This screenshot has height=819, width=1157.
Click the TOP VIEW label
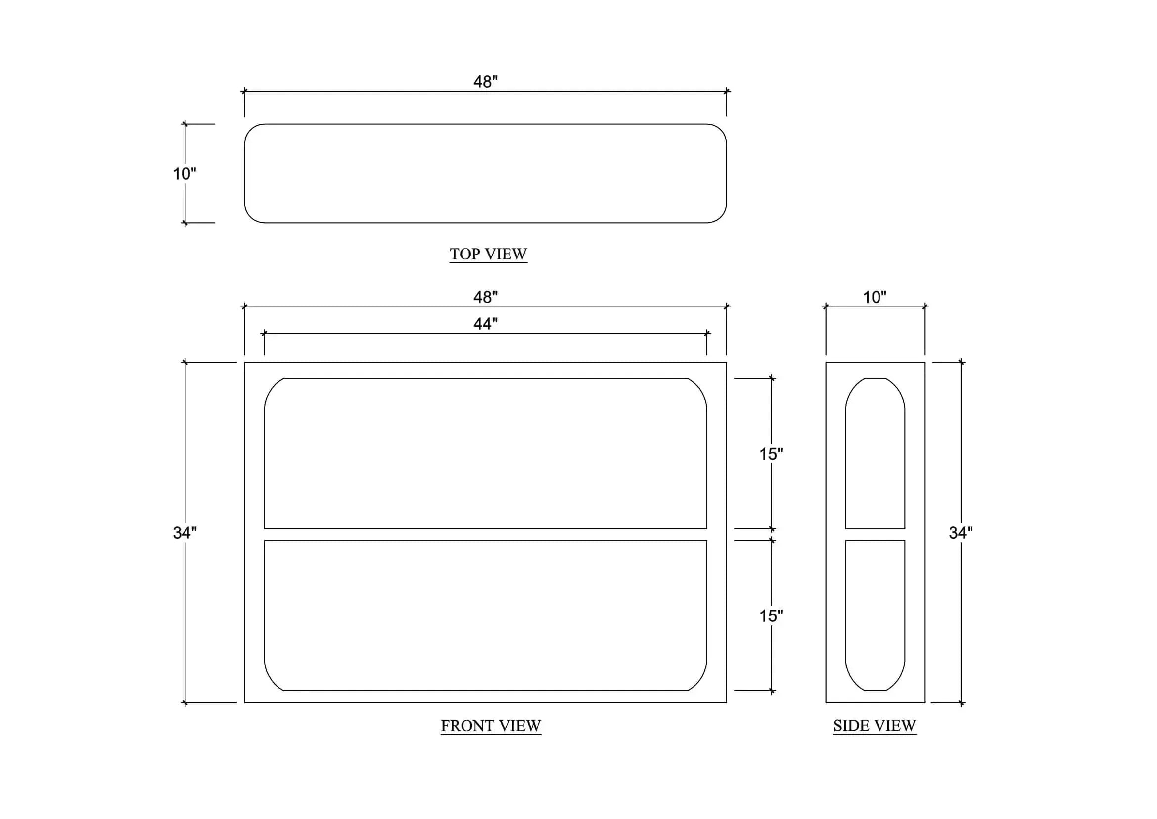click(x=488, y=254)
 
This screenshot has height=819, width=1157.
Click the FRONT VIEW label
click(x=491, y=726)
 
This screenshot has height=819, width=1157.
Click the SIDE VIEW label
click(x=875, y=726)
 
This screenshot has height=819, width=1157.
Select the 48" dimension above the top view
click(x=485, y=82)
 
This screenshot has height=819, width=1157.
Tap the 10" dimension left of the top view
click(x=185, y=174)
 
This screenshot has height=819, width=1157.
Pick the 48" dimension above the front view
click(x=485, y=297)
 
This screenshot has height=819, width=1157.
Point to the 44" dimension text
click(x=485, y=324)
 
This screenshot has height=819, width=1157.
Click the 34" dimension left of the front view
click(x=185, y=533)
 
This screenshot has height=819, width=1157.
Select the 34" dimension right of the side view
click(x=961, y=533)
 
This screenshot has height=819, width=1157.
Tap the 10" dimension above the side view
click(x=875, y=297)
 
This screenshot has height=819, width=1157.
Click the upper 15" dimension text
click(x=771, y=454)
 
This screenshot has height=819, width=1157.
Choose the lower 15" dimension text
click(x=771, y=616)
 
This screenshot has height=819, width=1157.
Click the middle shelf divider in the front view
click(x=485, y=535)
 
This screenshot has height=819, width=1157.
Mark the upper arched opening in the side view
click(x=845, y=454)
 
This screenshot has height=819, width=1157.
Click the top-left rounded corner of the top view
click(x=250, y=130)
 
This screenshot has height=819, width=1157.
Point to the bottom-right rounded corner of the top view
click(x=721, y=217)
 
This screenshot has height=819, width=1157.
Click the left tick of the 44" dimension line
click(x=264, y=333)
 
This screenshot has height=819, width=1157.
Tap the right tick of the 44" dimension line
click(x=707, y=333)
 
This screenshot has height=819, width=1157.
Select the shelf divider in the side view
click(x=876, y=535)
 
